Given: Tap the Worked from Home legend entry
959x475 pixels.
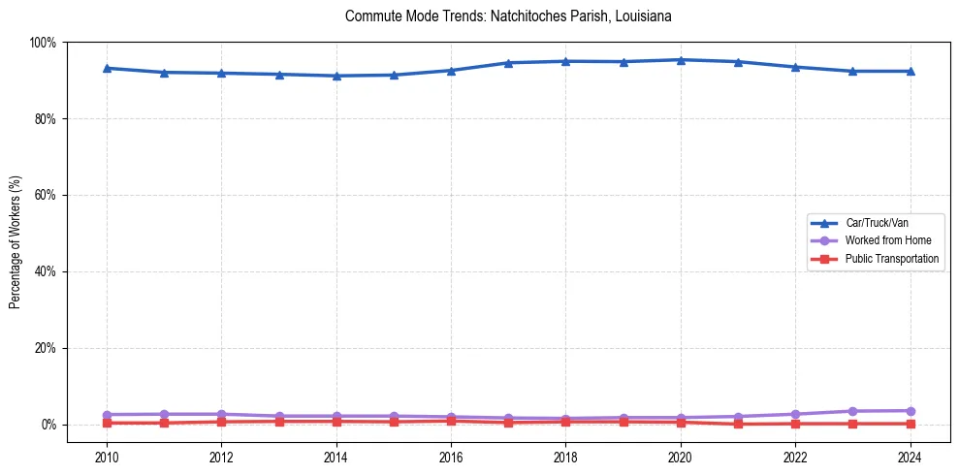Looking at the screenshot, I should point(887,240).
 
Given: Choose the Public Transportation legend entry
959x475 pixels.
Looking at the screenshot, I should point(892,259).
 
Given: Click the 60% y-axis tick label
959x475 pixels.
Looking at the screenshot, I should point(45,195).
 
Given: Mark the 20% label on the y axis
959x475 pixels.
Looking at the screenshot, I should point(45,348).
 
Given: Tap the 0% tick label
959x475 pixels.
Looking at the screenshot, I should point(48,425).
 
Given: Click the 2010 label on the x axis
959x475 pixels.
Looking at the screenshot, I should point(107,457).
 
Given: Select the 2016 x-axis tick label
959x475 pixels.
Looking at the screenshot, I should point(451,457).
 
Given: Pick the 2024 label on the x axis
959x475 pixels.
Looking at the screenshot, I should point(910,457).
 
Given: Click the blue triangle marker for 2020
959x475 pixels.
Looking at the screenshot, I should point(681,60).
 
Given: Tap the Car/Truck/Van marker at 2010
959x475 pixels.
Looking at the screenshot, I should point(107,68).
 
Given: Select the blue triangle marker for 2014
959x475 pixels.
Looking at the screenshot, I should point(336,76).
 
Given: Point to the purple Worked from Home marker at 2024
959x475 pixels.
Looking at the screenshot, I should point(910,411).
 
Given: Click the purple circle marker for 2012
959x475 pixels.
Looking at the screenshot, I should point(221,414).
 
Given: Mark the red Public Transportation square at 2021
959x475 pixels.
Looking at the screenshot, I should point(738,424).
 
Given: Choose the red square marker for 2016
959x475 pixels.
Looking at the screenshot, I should point(451,421).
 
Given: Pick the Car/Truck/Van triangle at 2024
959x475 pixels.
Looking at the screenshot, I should point(910,71).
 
